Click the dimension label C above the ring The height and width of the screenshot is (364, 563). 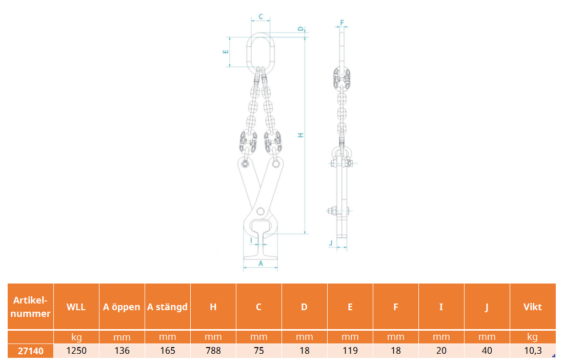[x=260, y=16]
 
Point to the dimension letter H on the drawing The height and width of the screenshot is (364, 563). [x=301, y=135]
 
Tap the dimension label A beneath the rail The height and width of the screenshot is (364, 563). [x=260, y=264]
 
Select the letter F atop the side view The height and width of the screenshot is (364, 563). [x=342, y=23]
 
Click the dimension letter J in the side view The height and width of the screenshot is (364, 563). [x=331, y=243]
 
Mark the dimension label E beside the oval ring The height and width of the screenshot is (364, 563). [x=226, y=52]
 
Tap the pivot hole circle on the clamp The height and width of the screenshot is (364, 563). [x=260, y=211]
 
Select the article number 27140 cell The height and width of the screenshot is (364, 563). [x=31, y=351]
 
